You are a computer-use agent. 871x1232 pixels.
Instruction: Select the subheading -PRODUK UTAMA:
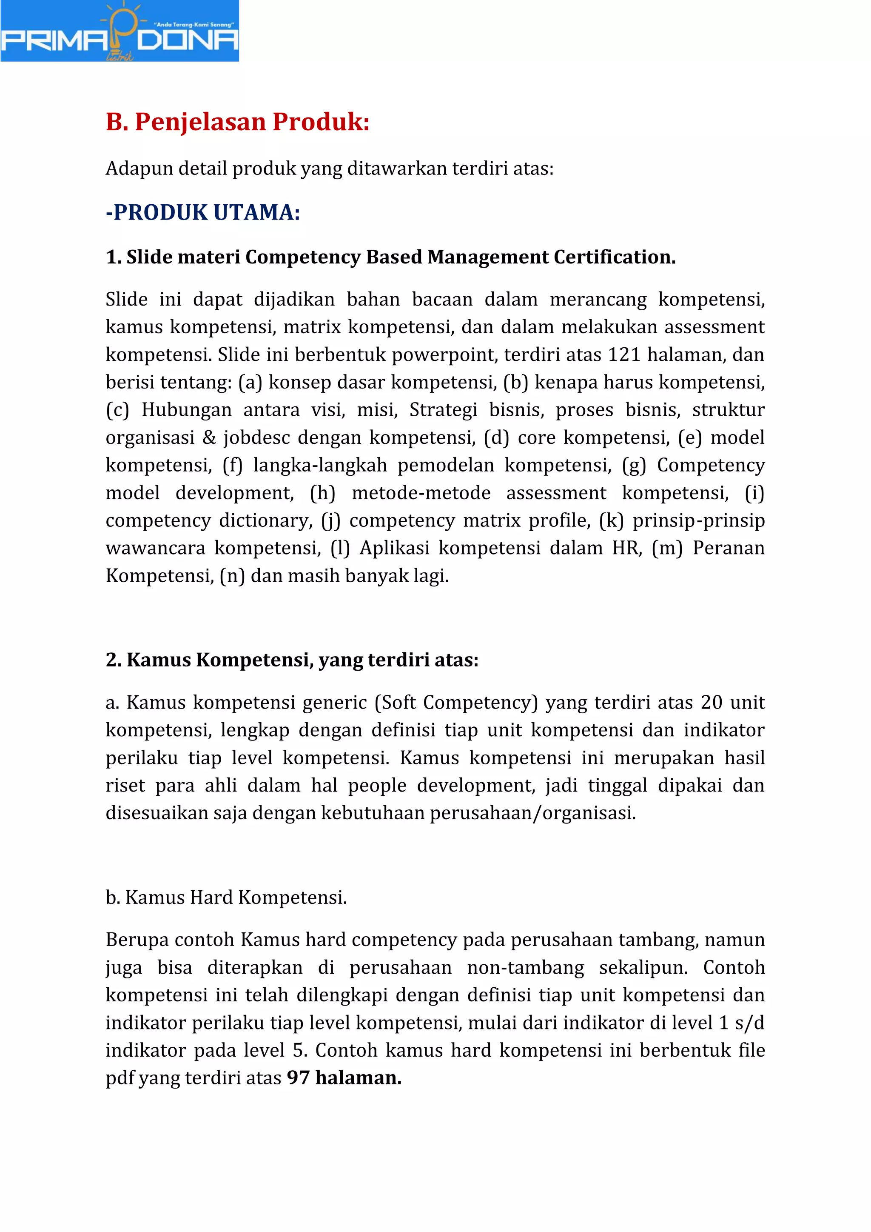pyautogui.click(x=203, y=212)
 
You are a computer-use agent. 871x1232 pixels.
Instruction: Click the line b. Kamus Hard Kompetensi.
pyautogui.click(x=226, y=897)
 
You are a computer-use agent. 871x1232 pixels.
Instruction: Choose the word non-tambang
pyautogui.click(x=525, y=967)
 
